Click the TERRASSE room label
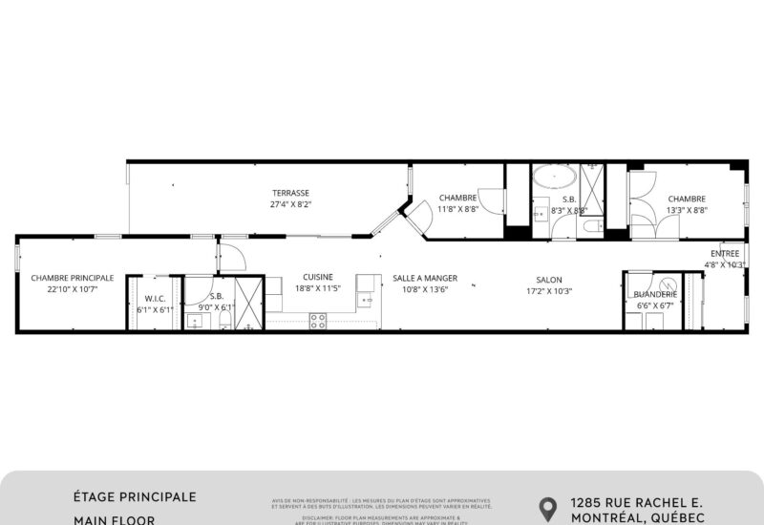coord(291,193)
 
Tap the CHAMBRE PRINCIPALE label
coord(72,278)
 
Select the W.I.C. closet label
coord(153,298)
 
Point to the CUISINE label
coord(318,278)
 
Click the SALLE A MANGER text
coord(425,278)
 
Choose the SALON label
coord(549,280)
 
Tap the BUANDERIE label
coord(655,295)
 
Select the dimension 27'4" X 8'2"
coord(291,204)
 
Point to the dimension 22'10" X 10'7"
coord(72,289)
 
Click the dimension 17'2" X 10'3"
coord(549,291)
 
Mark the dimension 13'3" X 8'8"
coord(687,210)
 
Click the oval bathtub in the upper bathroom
coord(553,178)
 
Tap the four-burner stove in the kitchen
coord(318,320)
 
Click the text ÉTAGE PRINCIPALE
coord(135,497)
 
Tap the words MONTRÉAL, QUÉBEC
coord(637,517)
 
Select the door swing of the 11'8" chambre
coord(493,201)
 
